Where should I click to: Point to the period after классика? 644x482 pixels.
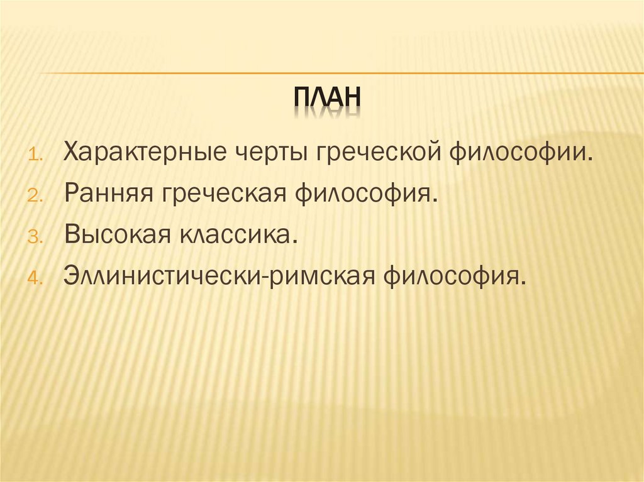[x=293, y=242]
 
